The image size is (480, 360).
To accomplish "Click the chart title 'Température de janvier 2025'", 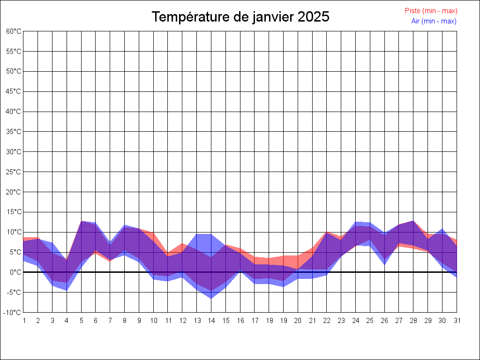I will (240, 17).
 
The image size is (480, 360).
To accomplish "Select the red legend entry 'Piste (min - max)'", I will (431, 11).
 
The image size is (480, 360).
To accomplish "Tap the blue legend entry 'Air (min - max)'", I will (434, 21).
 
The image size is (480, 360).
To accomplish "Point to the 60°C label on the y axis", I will (14, 31).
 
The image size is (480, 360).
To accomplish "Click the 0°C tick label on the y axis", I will (15, 272).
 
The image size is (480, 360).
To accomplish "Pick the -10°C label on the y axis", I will (13, 313).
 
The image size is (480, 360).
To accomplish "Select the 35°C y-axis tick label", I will (14, 132).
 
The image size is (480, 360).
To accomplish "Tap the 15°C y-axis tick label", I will (14, 212).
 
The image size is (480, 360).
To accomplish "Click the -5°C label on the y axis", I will (14, 292).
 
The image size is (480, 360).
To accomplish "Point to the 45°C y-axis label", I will (14, 91).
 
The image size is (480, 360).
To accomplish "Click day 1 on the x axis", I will (23, 321).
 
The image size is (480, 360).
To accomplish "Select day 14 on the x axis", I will (211, 321).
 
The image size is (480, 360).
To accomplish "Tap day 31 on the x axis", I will (457, 321).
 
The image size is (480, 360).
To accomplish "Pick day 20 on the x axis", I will (298, 321).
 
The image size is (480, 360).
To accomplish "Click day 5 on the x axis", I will (81, 321).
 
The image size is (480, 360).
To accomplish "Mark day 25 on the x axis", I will (370, 321).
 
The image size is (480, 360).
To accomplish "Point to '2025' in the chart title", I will (314, 17).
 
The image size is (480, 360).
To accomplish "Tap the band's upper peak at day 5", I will (81, 221).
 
